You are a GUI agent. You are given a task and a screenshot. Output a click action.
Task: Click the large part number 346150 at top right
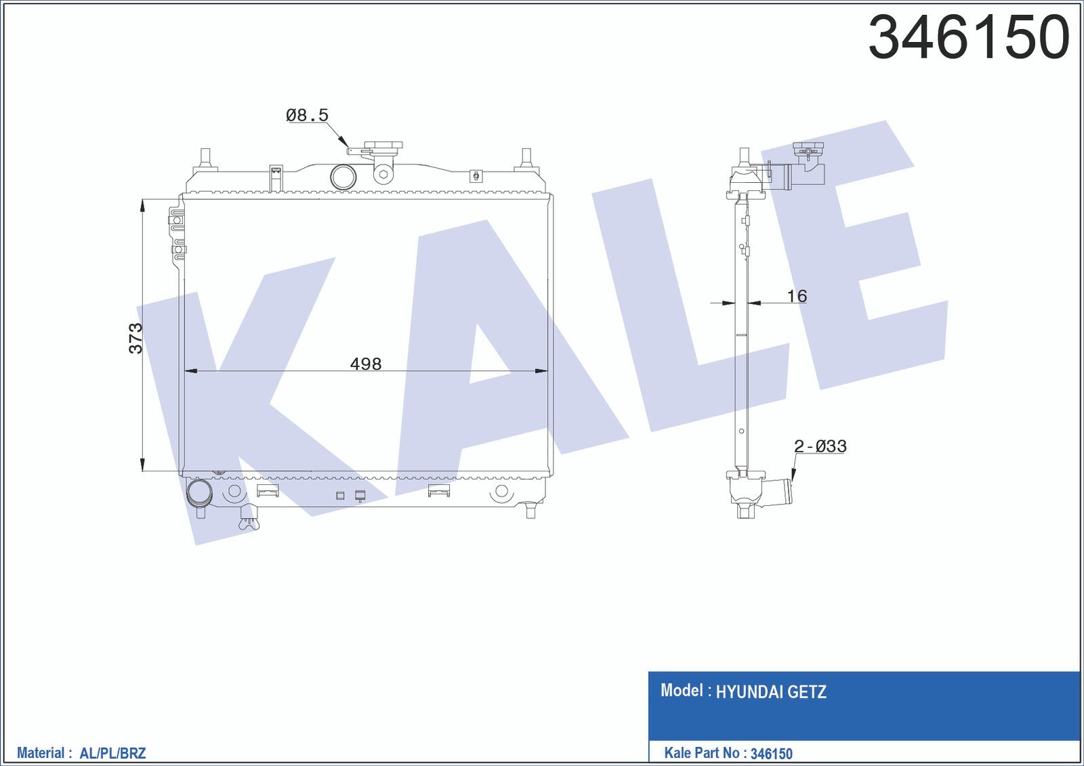(969, 38)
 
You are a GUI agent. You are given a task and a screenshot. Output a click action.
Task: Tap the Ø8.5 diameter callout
(307, 116)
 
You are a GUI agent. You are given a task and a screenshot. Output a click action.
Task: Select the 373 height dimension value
(135, 338)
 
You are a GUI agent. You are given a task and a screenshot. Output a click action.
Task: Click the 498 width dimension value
(365, 364)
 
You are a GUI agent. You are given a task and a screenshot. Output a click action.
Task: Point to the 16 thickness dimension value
(797, 296)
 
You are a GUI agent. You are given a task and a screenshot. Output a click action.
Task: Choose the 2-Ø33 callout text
(820, 446)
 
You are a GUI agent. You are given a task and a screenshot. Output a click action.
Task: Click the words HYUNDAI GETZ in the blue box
(770, 692)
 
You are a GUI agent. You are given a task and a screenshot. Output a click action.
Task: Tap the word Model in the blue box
(682, 691)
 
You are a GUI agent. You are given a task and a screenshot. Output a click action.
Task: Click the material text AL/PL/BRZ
(112, 753)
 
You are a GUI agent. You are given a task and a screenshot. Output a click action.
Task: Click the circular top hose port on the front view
(343, 177)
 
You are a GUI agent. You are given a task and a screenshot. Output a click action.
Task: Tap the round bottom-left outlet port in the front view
(199, 492)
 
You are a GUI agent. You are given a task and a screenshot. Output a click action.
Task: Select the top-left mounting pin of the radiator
(205, 158)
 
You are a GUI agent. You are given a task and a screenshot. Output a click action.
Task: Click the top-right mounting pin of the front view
(525, 158)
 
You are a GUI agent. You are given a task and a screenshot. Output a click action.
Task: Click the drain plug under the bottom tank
(248, 521)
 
